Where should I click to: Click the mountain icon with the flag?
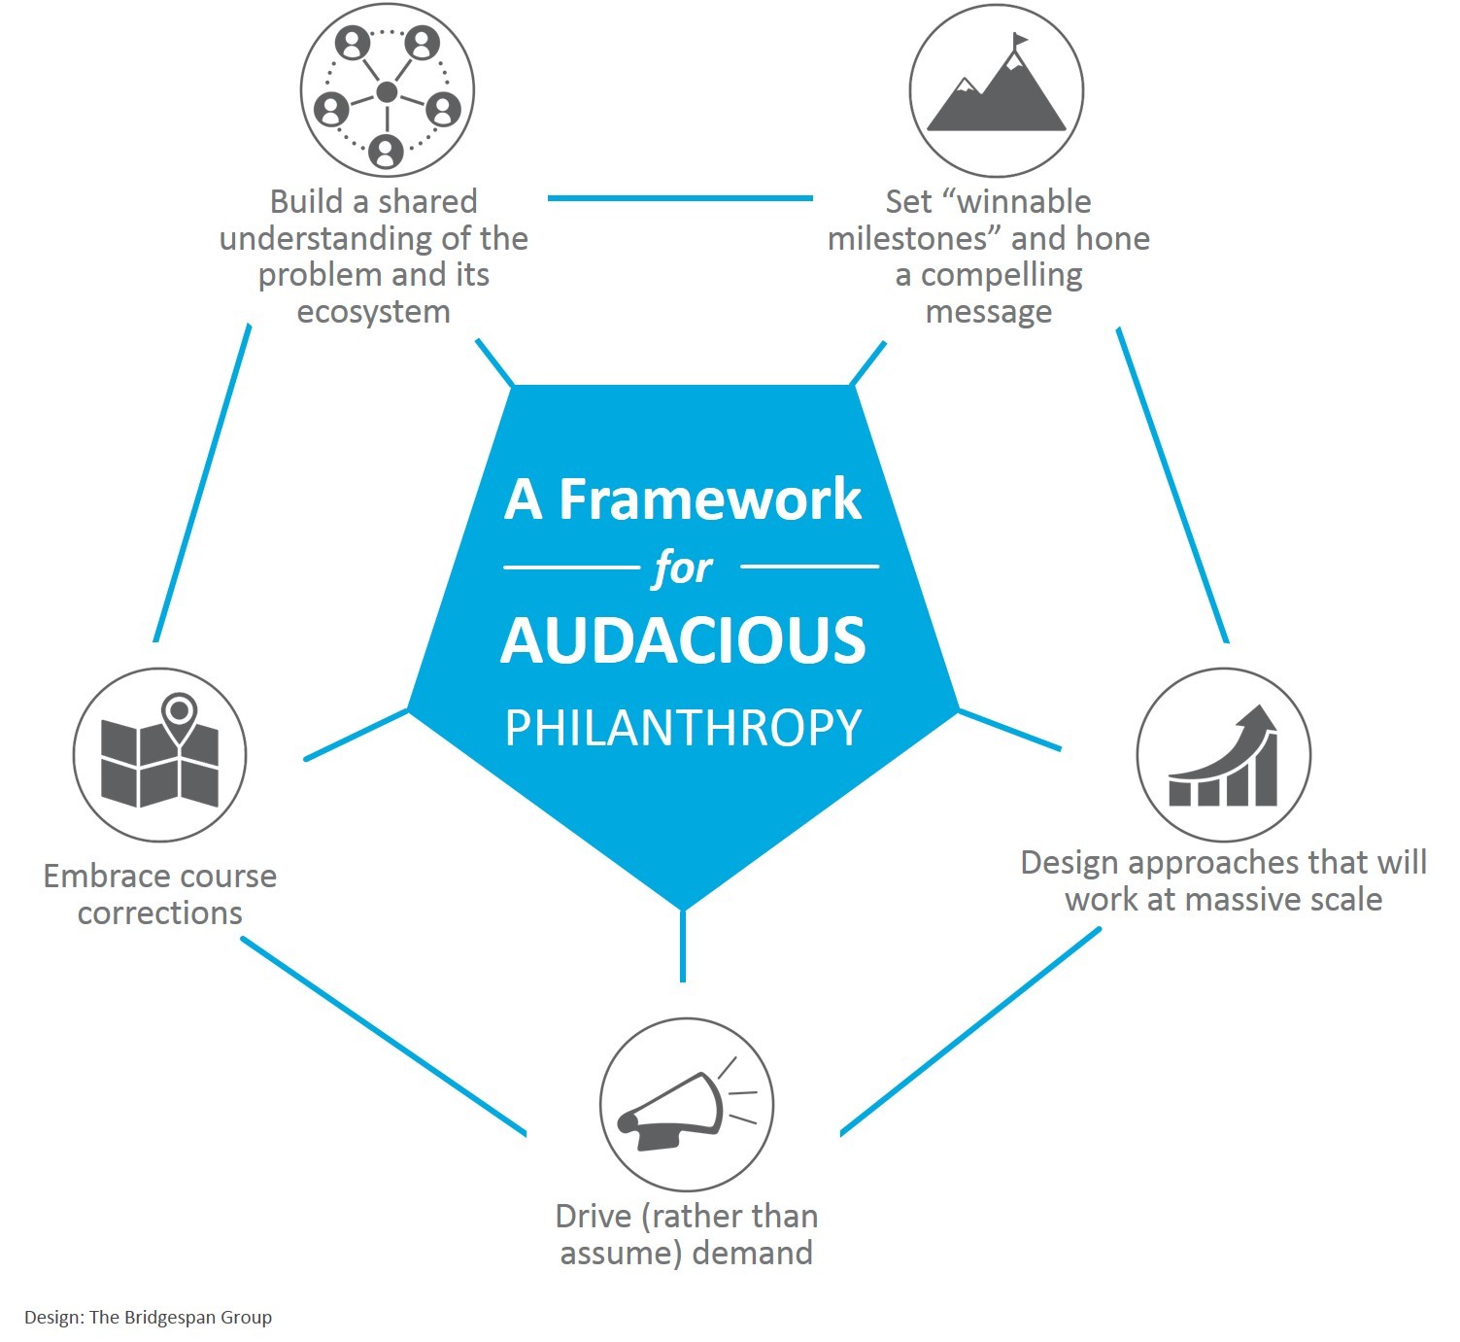point(997,91)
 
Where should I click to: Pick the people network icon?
point(387,92)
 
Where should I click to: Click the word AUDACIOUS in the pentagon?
point(683,641)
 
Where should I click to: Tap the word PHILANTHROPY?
point(683,728)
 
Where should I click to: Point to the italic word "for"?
point(683,568)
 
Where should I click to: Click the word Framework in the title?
point(709,499)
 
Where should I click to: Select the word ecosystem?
point(373,312)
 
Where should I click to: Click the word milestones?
point(906,239)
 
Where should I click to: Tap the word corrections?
point(160,913)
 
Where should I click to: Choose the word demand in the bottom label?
point(753,1253)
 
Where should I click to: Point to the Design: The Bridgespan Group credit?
point(148,1318)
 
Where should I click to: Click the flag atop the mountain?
point(1019,41)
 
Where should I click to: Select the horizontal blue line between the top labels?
point(680,198)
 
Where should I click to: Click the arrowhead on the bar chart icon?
point(1260,721)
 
